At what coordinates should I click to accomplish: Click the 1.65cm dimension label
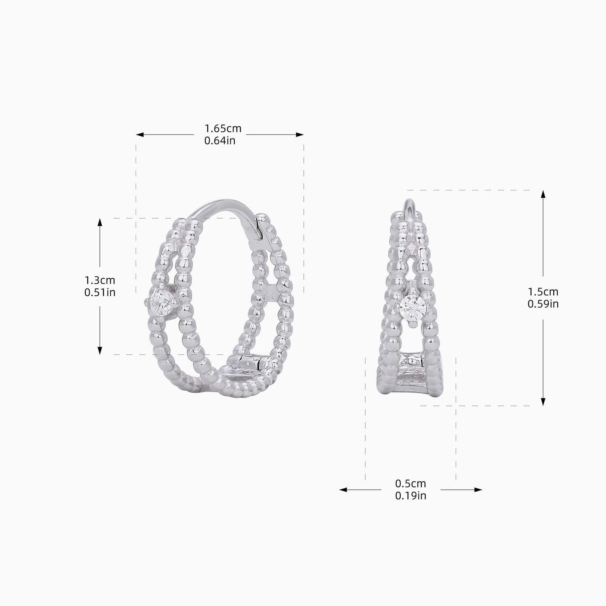pos(223,128)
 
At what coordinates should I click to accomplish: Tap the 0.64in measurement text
pos(220,141)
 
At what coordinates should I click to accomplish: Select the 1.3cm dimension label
pos(100,280)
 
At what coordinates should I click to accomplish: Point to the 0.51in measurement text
pos(100,292)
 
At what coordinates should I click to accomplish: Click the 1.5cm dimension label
pos(543,291)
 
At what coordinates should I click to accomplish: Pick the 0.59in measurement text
pos(543,303)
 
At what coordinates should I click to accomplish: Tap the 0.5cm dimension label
pos(410,483)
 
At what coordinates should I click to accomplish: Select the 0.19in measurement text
pos(410,495)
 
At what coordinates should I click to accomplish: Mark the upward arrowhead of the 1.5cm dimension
pos(543,194)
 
